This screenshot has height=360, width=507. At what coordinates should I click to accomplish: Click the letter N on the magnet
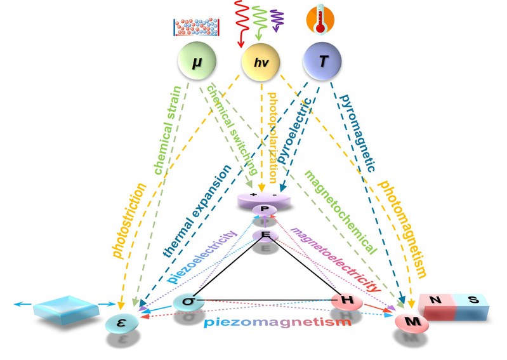click(437, 302)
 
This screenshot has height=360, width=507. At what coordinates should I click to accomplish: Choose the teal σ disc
click(188, 300)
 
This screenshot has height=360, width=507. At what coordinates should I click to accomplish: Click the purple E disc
click(265, 236)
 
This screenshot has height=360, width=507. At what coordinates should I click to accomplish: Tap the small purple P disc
click(265, 210)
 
